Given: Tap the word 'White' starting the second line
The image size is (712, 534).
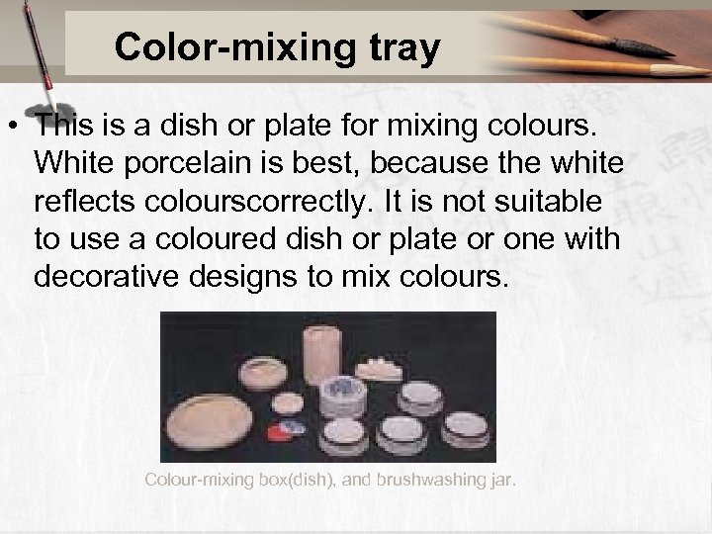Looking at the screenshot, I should pos(75,164).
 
